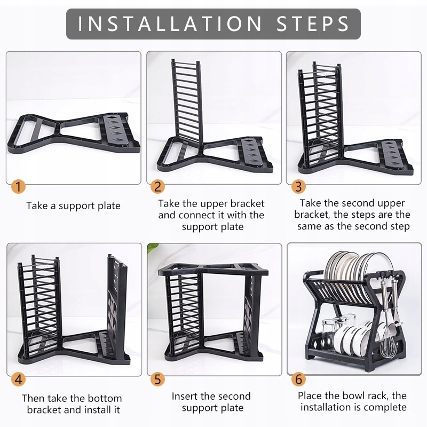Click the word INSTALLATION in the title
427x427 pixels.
pyautogui.click(x=170, y=23)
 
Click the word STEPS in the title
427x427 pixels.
pyautogui.click(x=313, y=23)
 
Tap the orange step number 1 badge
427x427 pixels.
pyautogui.click(x=18, y=187)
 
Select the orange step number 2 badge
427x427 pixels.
pyautogui.click(x=157, y=187)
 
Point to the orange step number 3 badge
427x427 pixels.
pyautogui.click(x=298, y=187)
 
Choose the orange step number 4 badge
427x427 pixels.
pyautogui.click(x=18, y=379)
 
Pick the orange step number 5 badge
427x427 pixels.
pyautogui.click(x=157, y=379)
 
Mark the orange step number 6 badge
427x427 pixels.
pyautogui.click(x=298, y=379)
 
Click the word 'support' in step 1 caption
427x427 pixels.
pyautogui.click(x=76, y=206)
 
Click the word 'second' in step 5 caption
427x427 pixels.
pyautogui.click(x=234, y=396)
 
